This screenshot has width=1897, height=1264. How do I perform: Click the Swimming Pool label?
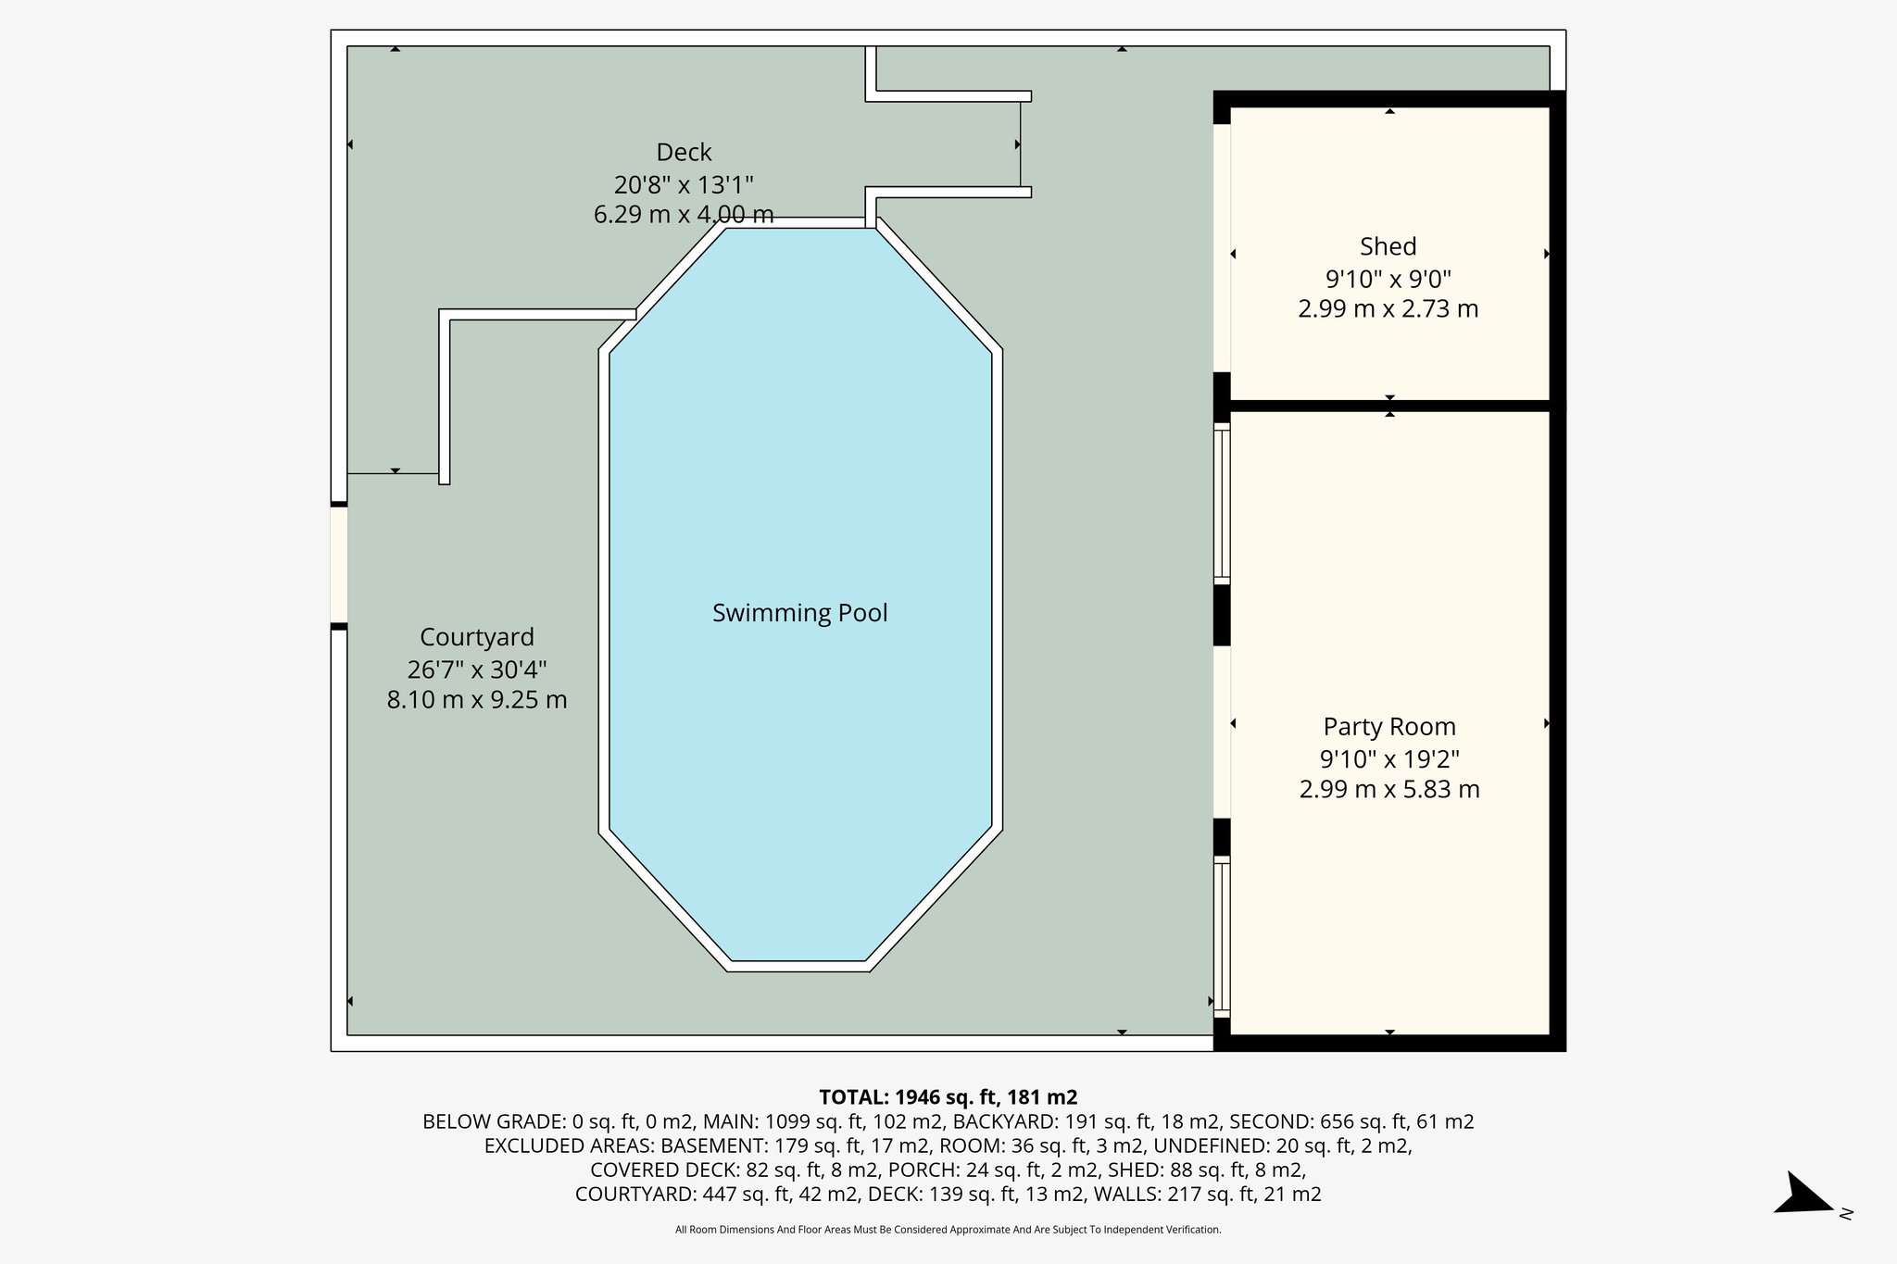(799, 613)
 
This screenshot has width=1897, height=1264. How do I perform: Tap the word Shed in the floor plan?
(1388, 246)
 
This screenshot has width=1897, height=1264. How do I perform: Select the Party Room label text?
(1388, 727)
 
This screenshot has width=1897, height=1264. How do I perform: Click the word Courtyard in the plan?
(476, 637)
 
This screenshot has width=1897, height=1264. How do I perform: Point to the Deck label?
(684, 152)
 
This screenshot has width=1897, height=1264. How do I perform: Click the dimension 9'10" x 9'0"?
(1388, 278)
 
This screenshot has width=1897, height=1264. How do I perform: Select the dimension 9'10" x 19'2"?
(1388, 759)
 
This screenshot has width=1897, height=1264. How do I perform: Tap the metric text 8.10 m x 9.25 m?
(476, 700)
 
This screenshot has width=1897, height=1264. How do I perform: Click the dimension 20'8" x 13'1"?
(684, 184)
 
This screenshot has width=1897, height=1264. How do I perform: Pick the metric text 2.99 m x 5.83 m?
(1388, 790)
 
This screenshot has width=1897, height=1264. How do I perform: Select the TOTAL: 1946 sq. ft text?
(948, 1097)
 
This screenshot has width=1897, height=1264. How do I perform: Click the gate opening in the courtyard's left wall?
(339, 566)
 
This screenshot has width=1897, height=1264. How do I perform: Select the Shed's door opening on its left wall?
(1222, 247)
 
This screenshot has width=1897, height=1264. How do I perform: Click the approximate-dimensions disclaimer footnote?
(948, 1230)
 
